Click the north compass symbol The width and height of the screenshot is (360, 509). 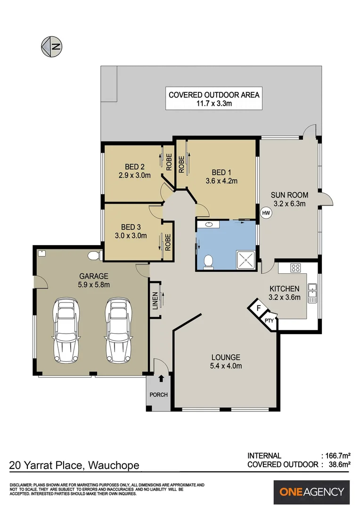[52, 47]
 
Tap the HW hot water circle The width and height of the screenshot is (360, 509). [266, 213]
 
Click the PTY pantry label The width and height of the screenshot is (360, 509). [269, 320]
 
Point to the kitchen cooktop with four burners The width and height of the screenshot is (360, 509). [295, 268]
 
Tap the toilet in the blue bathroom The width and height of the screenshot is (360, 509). [208, 262]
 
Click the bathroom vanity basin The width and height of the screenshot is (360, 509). [209, 224]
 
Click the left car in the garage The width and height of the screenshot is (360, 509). [66, 329]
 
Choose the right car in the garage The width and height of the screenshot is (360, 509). [118, 329]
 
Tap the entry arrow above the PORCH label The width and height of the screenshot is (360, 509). [161, 378]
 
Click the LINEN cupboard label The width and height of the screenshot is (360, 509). [155, 301]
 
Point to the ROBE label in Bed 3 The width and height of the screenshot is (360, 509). [168, 243]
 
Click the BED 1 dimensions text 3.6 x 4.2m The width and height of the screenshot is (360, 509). [221, 181]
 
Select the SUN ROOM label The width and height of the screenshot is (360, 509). [290, 195]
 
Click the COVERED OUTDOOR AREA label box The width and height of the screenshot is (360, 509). [214, 99]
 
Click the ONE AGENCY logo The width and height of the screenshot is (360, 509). [311, 492]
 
